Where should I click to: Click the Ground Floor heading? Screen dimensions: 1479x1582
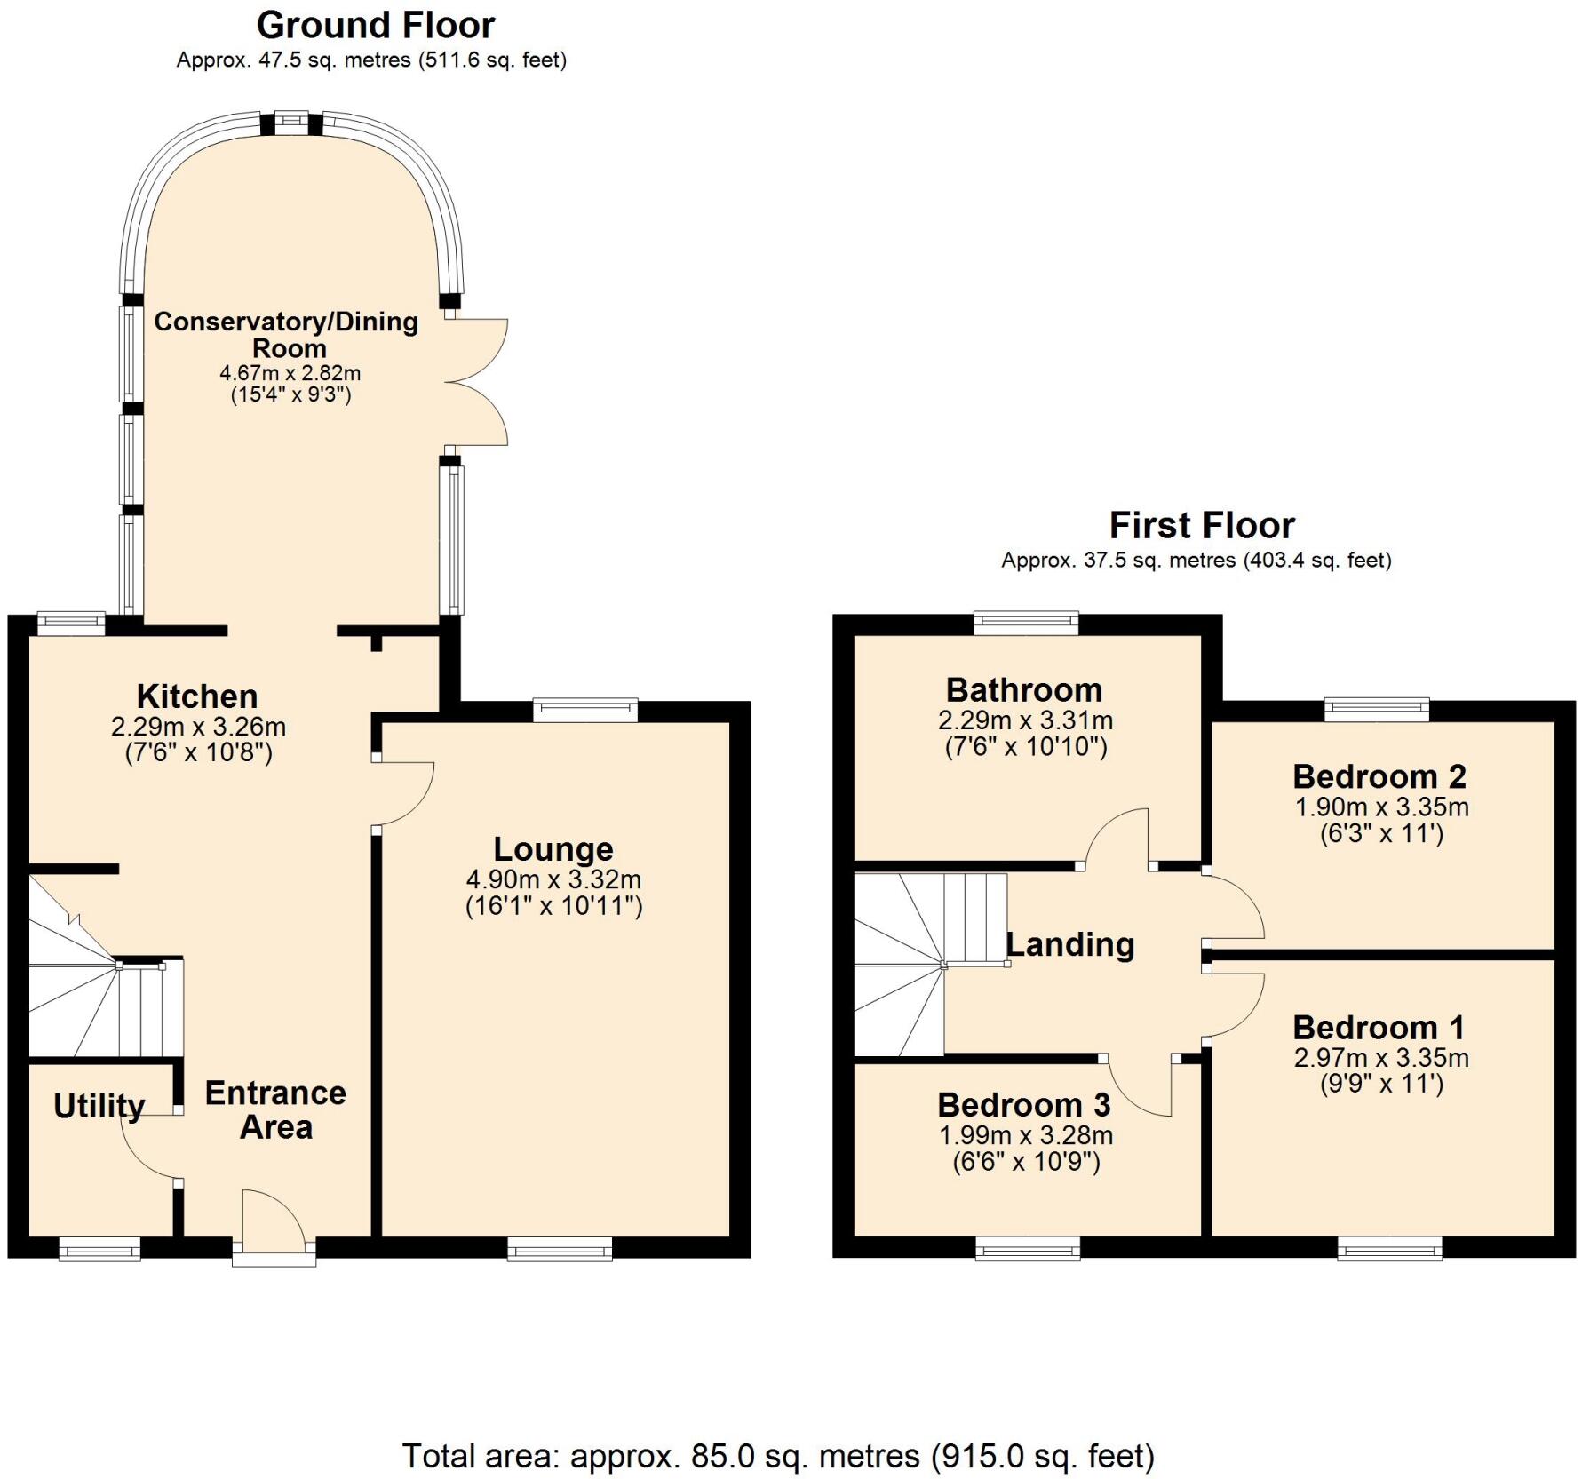tap(375, 26)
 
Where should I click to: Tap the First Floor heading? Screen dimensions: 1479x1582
tap(1201, 526)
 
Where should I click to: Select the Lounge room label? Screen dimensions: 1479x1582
tap(553, 849)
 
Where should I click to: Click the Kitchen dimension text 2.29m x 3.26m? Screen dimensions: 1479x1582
tap(198, 727)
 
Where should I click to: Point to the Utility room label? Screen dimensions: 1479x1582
tap(99, 1106)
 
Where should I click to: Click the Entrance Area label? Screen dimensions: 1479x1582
tap(275, 1109)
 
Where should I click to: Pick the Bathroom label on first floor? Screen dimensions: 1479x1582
tap(1023, 690)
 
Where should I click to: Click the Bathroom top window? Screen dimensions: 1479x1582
tap(1026, 623)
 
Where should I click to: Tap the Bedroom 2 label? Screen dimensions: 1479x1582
tap(1379, 776)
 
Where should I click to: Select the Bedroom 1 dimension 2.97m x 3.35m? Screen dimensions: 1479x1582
tap(1380, 1058)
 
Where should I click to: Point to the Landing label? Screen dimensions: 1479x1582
tap(1069, 944)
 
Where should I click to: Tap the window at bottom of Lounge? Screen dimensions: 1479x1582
tap(560, 1250)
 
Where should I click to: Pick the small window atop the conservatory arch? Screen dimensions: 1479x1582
tap(290, 120)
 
